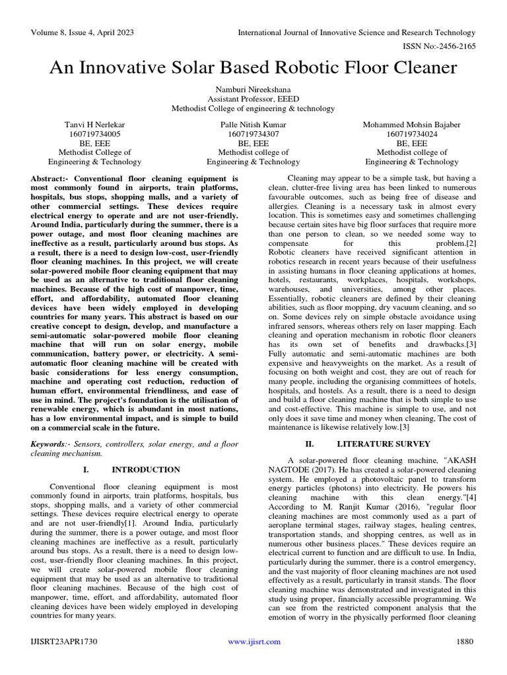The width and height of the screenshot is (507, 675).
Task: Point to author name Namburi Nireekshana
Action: coord(253,88)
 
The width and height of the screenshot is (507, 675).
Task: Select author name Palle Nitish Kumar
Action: coord(253,125)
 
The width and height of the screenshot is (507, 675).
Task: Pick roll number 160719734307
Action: coord(253,134)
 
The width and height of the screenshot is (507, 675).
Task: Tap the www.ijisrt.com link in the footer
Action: coord(253,641)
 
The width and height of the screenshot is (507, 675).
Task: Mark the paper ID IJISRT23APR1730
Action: coord(63,641)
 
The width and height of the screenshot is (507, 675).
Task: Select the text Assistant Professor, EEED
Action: coord(253,98)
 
